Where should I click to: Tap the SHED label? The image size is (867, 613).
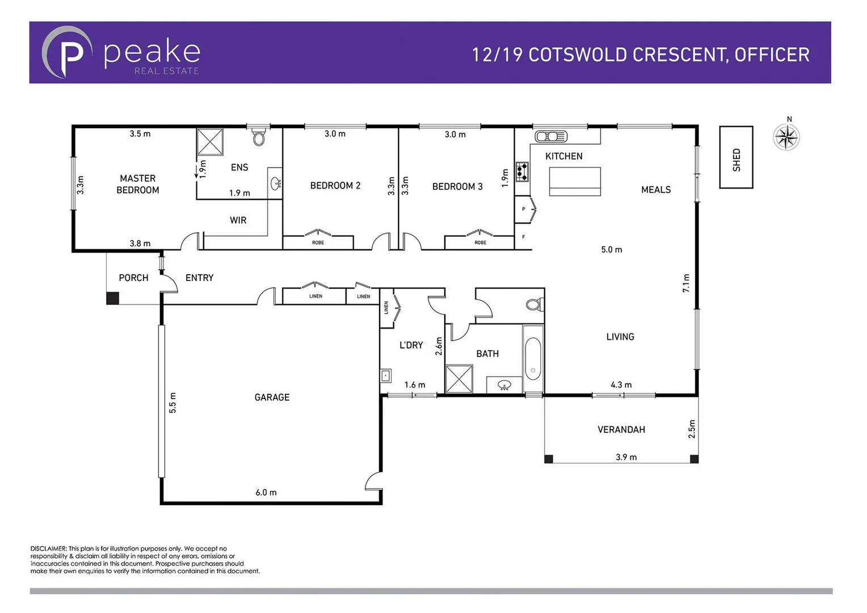click(736, 159)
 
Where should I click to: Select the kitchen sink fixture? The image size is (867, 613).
click(551, 136)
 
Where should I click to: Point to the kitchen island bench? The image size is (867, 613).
click(574, 181)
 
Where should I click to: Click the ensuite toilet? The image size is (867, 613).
click(259, 137)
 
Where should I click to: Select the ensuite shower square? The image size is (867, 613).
click(210, 141)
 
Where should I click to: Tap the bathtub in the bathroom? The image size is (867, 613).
click(533, 359)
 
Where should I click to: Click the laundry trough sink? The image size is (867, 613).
click(386, 375)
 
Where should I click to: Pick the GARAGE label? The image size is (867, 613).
click(272, 397)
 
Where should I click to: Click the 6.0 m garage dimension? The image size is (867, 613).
click(266, 492)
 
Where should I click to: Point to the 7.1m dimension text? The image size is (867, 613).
click(686, 283)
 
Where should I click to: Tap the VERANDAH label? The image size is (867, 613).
click(621, 430)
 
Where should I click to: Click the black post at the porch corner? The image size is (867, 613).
click(113, 298)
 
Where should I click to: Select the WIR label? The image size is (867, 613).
click(238, 220)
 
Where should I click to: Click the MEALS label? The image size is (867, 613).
click(656, 190)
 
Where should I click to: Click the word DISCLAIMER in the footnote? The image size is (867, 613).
click(49, 548)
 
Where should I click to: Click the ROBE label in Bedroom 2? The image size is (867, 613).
click(318, 242)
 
